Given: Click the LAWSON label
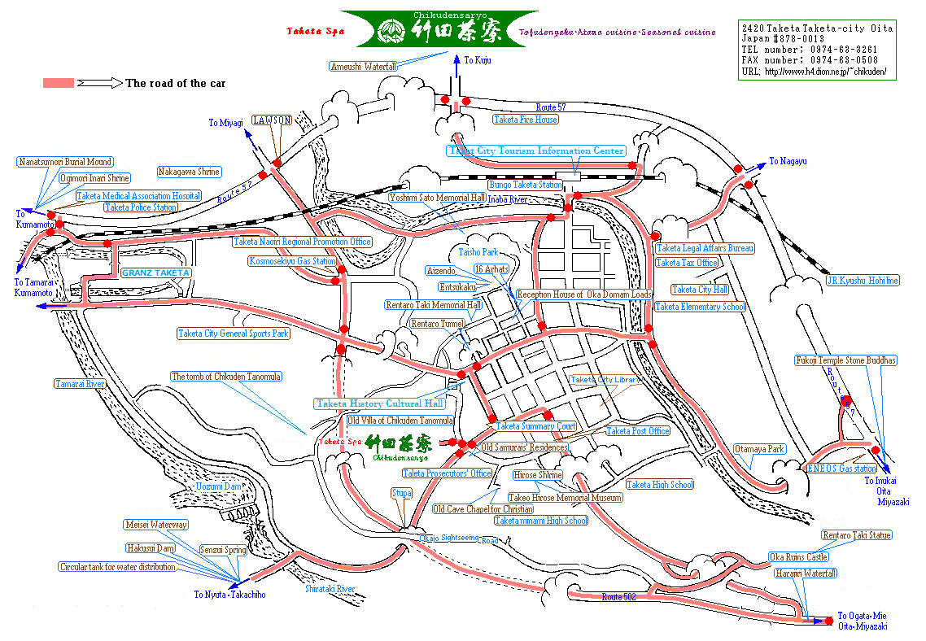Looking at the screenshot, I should [272, 120].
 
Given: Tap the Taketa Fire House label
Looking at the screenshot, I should [526, 120].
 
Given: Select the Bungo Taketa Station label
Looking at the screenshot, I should [525, 185].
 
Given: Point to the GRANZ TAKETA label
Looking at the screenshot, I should [156, 273].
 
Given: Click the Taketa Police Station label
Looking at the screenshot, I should [141, 207].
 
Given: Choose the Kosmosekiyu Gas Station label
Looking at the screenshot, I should [293, 262].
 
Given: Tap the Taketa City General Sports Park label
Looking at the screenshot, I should [234, 334].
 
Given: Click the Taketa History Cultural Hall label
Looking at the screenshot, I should [379, 403].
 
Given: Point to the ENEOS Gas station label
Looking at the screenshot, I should [841, 469].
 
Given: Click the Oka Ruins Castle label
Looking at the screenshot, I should [798, 557].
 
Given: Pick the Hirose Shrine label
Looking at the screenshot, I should [538, 475].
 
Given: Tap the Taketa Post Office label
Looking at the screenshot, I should [638, 431].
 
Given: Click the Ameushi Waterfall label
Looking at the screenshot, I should [364, 66].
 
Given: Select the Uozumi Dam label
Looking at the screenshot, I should [219, 486].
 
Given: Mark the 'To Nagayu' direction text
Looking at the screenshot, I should [788, 162].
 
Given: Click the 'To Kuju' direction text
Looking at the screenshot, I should [478, 60].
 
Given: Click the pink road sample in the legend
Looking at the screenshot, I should [59, 83].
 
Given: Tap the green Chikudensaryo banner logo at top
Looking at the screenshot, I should [439, 29].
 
